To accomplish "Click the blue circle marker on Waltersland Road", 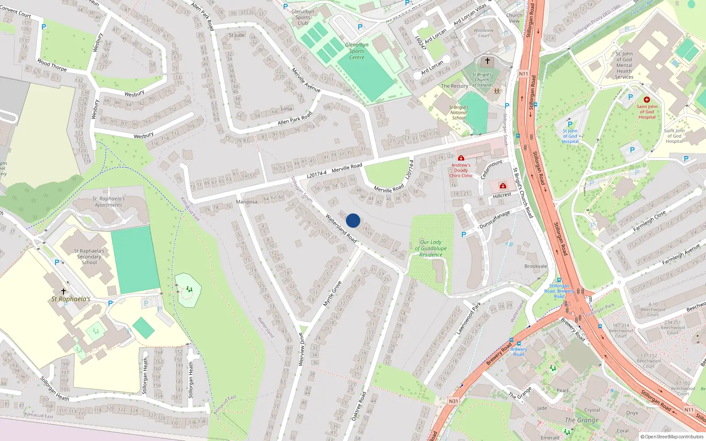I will point(353,220).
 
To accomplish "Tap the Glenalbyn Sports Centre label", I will point(357,51).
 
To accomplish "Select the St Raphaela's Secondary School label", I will point(89,257).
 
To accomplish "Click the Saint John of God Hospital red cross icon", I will point(647,100).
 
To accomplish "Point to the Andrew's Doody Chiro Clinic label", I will point(461,170).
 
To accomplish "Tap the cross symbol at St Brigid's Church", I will point(488,61).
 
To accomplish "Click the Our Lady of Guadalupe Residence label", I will point(431,248).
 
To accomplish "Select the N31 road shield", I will point(454,401).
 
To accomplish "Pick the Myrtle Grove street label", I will point(332,294).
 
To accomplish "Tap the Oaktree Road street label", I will point(359,406).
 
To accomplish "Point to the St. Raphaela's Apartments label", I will point(109,202).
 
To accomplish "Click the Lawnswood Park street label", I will point(469,318).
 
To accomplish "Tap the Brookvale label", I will point(536,266).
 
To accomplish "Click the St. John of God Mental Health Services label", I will point(624,65).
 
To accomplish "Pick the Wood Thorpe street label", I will point(52,65).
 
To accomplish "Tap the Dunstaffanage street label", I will point(495,220).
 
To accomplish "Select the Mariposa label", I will point(247,202).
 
